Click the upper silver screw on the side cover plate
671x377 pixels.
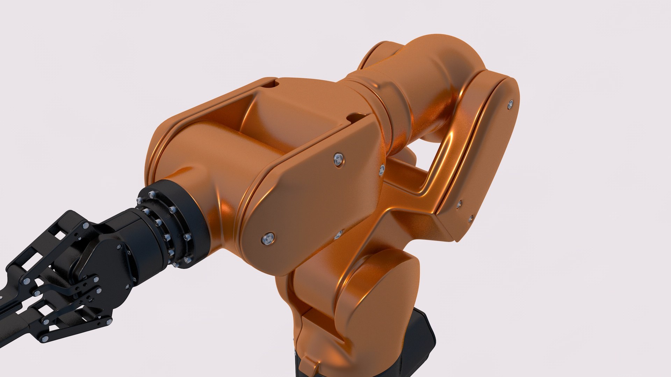tap(338, 160)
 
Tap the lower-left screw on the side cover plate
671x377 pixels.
tap(268, 239)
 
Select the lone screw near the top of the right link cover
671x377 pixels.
tap(511, 104)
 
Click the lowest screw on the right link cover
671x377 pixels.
tap(470, 219)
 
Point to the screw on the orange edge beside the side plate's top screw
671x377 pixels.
tap(382, 170)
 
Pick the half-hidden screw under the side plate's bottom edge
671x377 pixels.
tap(338, 234)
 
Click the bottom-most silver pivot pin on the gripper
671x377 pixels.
tap(44, 339)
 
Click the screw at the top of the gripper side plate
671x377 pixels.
tap(119, 247)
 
